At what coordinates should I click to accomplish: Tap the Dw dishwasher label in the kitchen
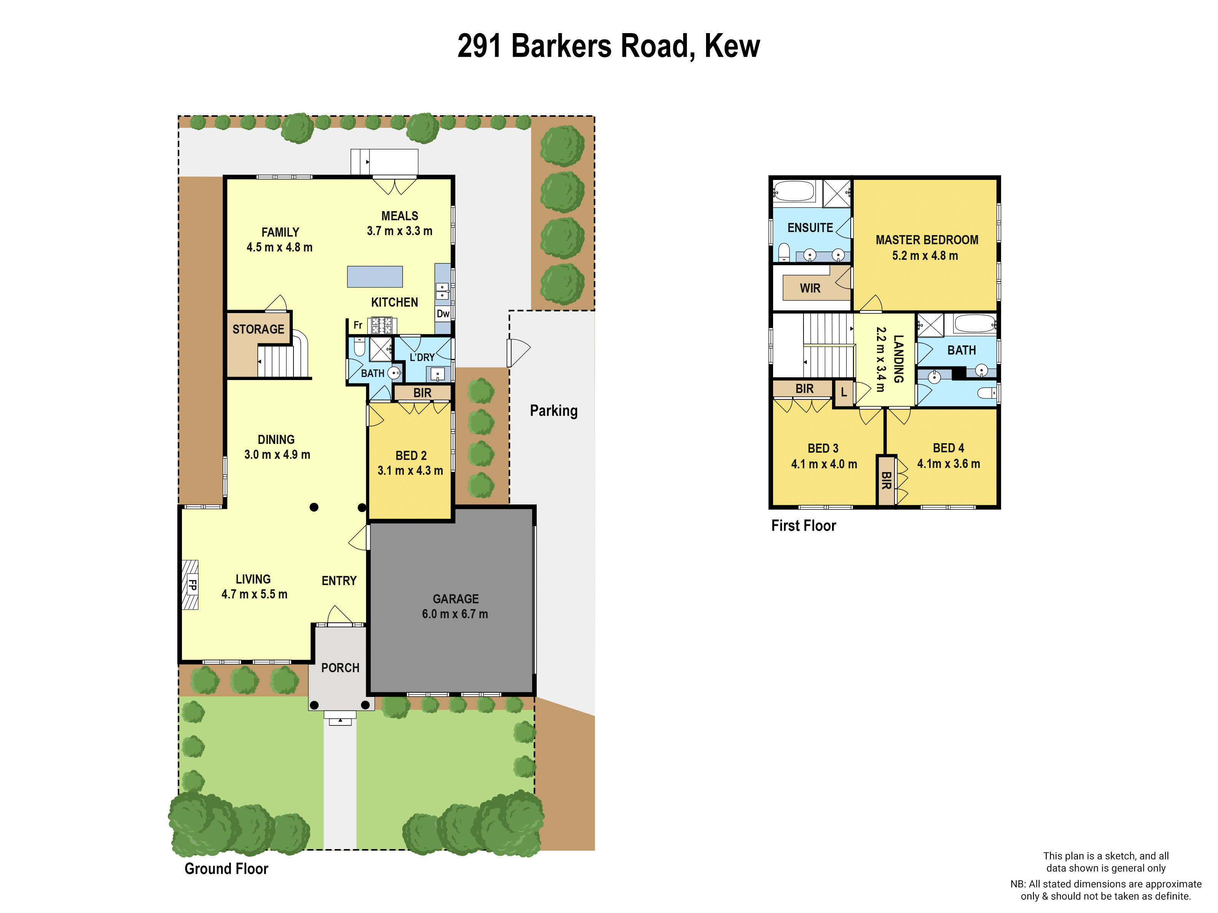(443, 314)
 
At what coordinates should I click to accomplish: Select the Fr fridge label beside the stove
(358, 325)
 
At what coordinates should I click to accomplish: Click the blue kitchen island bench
(375, 277)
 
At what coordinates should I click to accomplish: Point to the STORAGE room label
(258, 329)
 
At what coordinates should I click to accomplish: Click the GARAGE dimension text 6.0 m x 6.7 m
(455, 614)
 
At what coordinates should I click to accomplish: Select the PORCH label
(340, 668)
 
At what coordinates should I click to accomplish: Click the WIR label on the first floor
(810, 288)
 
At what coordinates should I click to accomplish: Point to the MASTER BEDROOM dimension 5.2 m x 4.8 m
(925, 256)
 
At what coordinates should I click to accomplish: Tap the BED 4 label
(948, 448)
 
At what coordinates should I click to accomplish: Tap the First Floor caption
(803, 526)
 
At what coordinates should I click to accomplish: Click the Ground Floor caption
(226, 868)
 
